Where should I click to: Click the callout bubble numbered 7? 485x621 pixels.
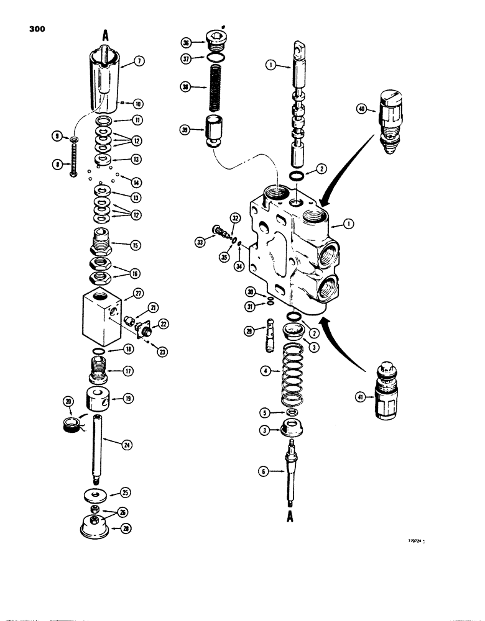tap(139, 61)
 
